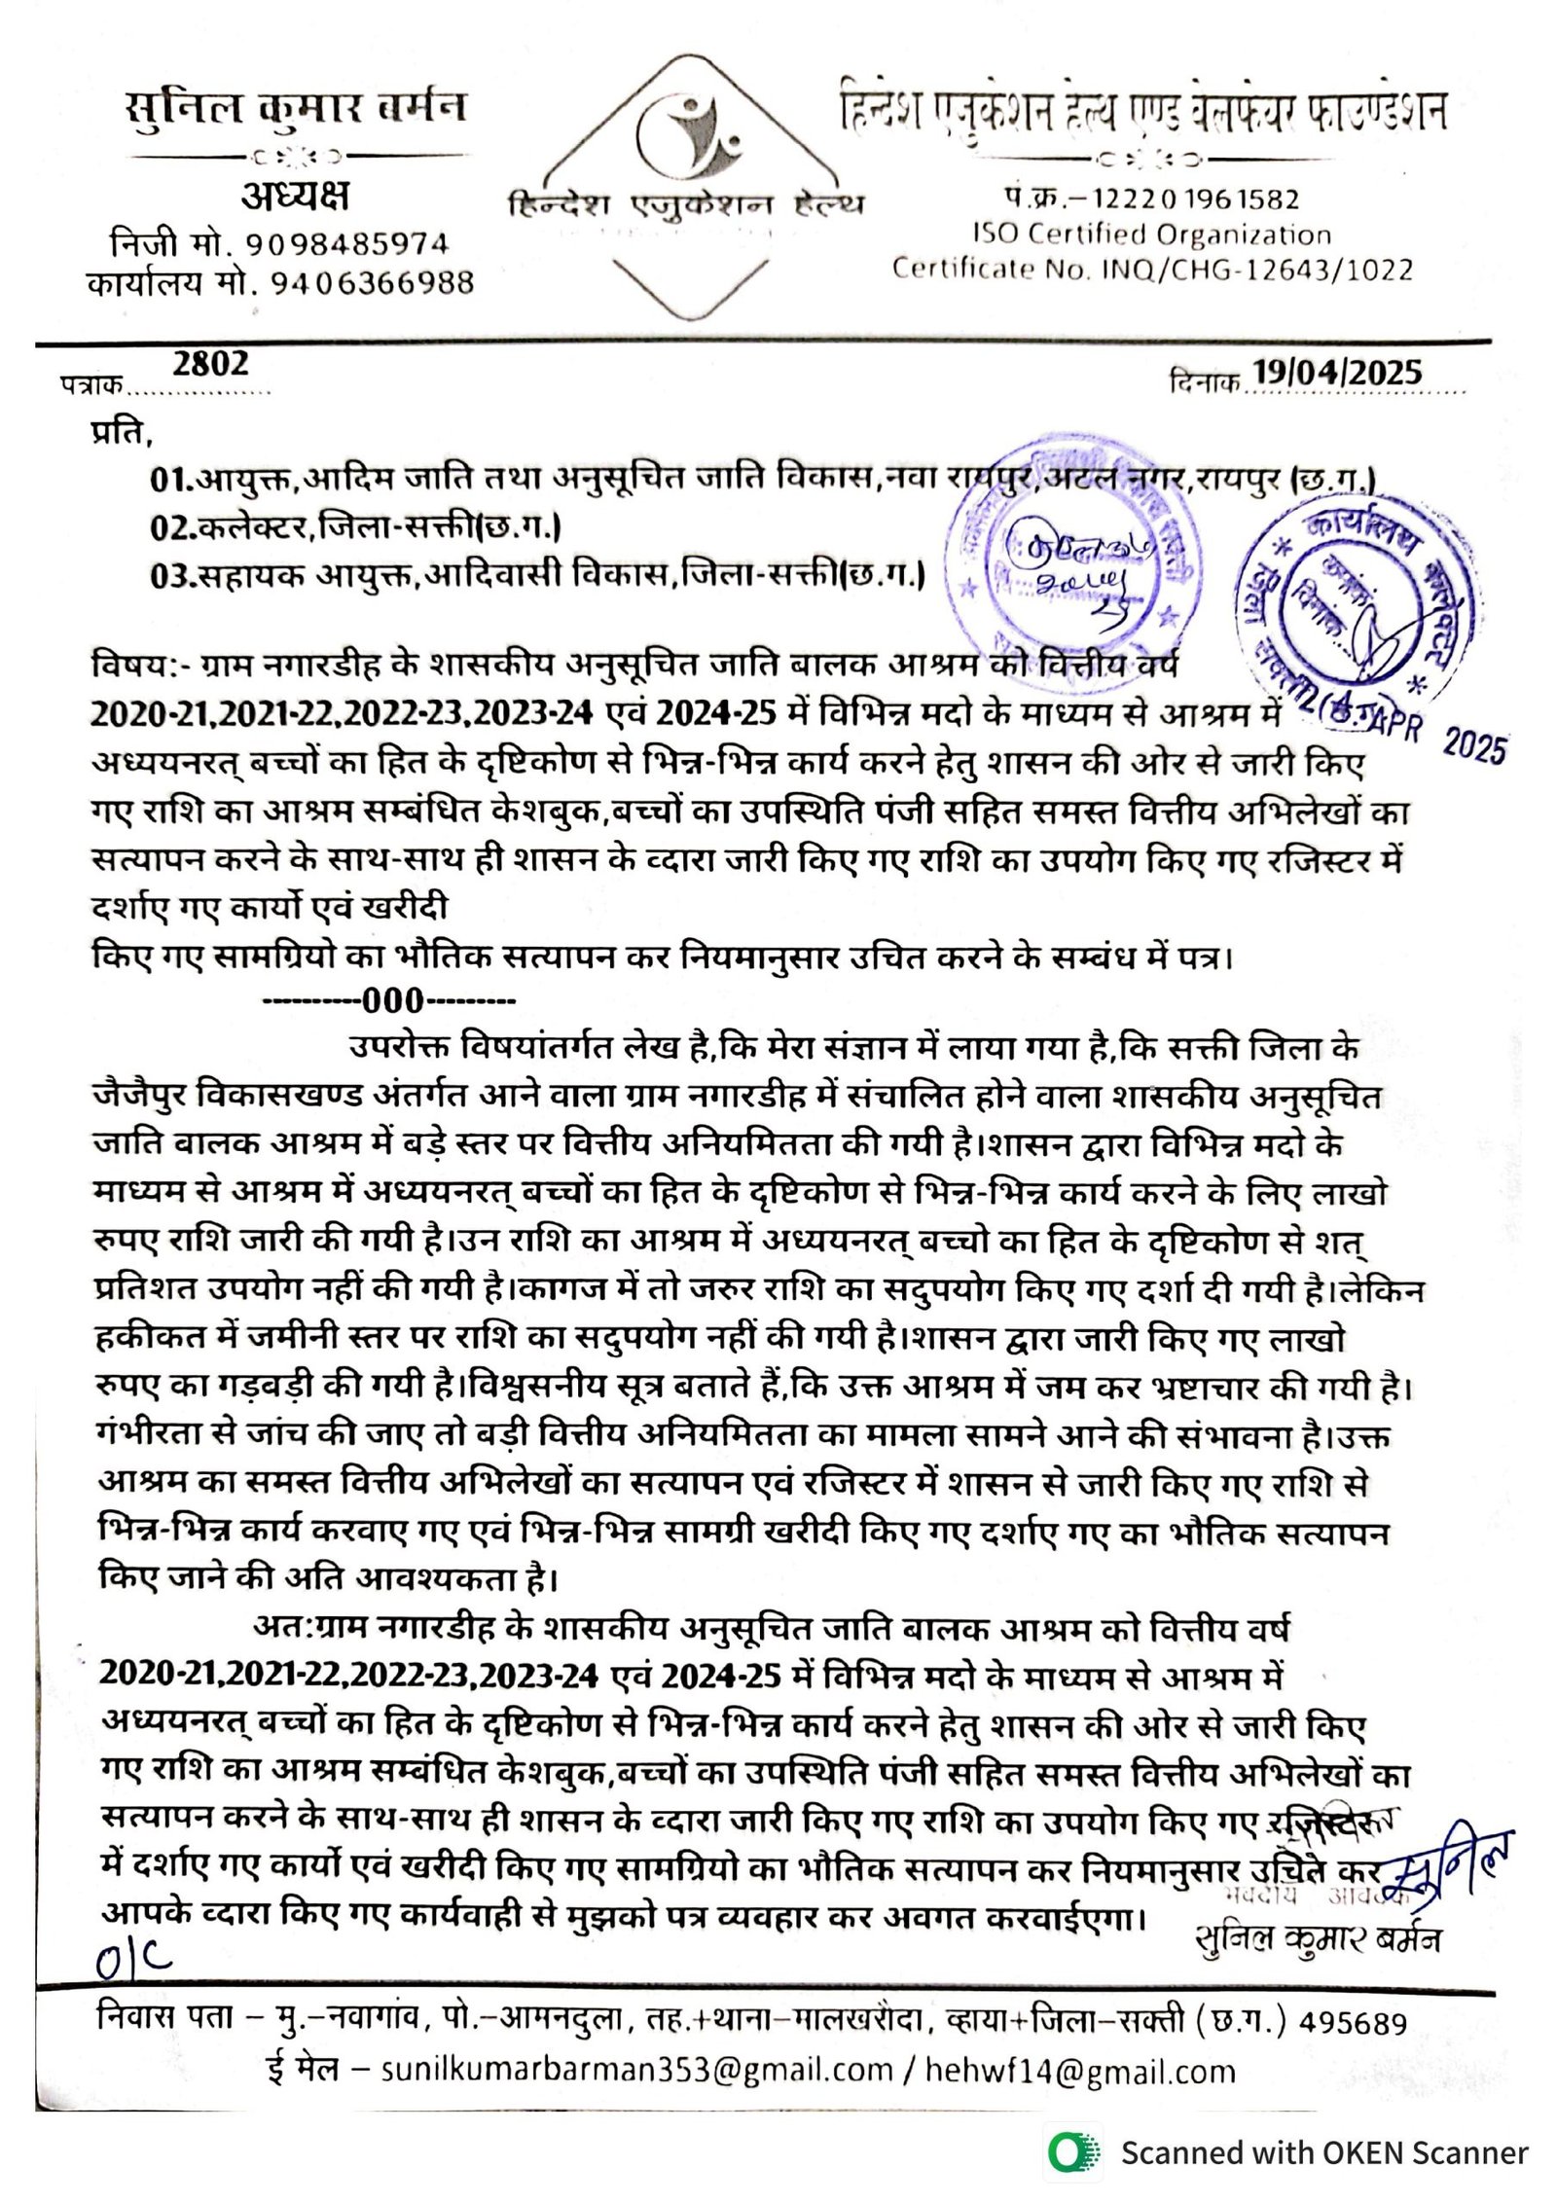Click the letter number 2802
210,364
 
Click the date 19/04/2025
1336,372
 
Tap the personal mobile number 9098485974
345,243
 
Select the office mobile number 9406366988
372,283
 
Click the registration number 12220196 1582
1196,199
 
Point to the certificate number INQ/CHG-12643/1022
1256,270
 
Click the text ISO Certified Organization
1151,235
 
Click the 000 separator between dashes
392,1000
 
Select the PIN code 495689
1353,2024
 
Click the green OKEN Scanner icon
1073,2152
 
